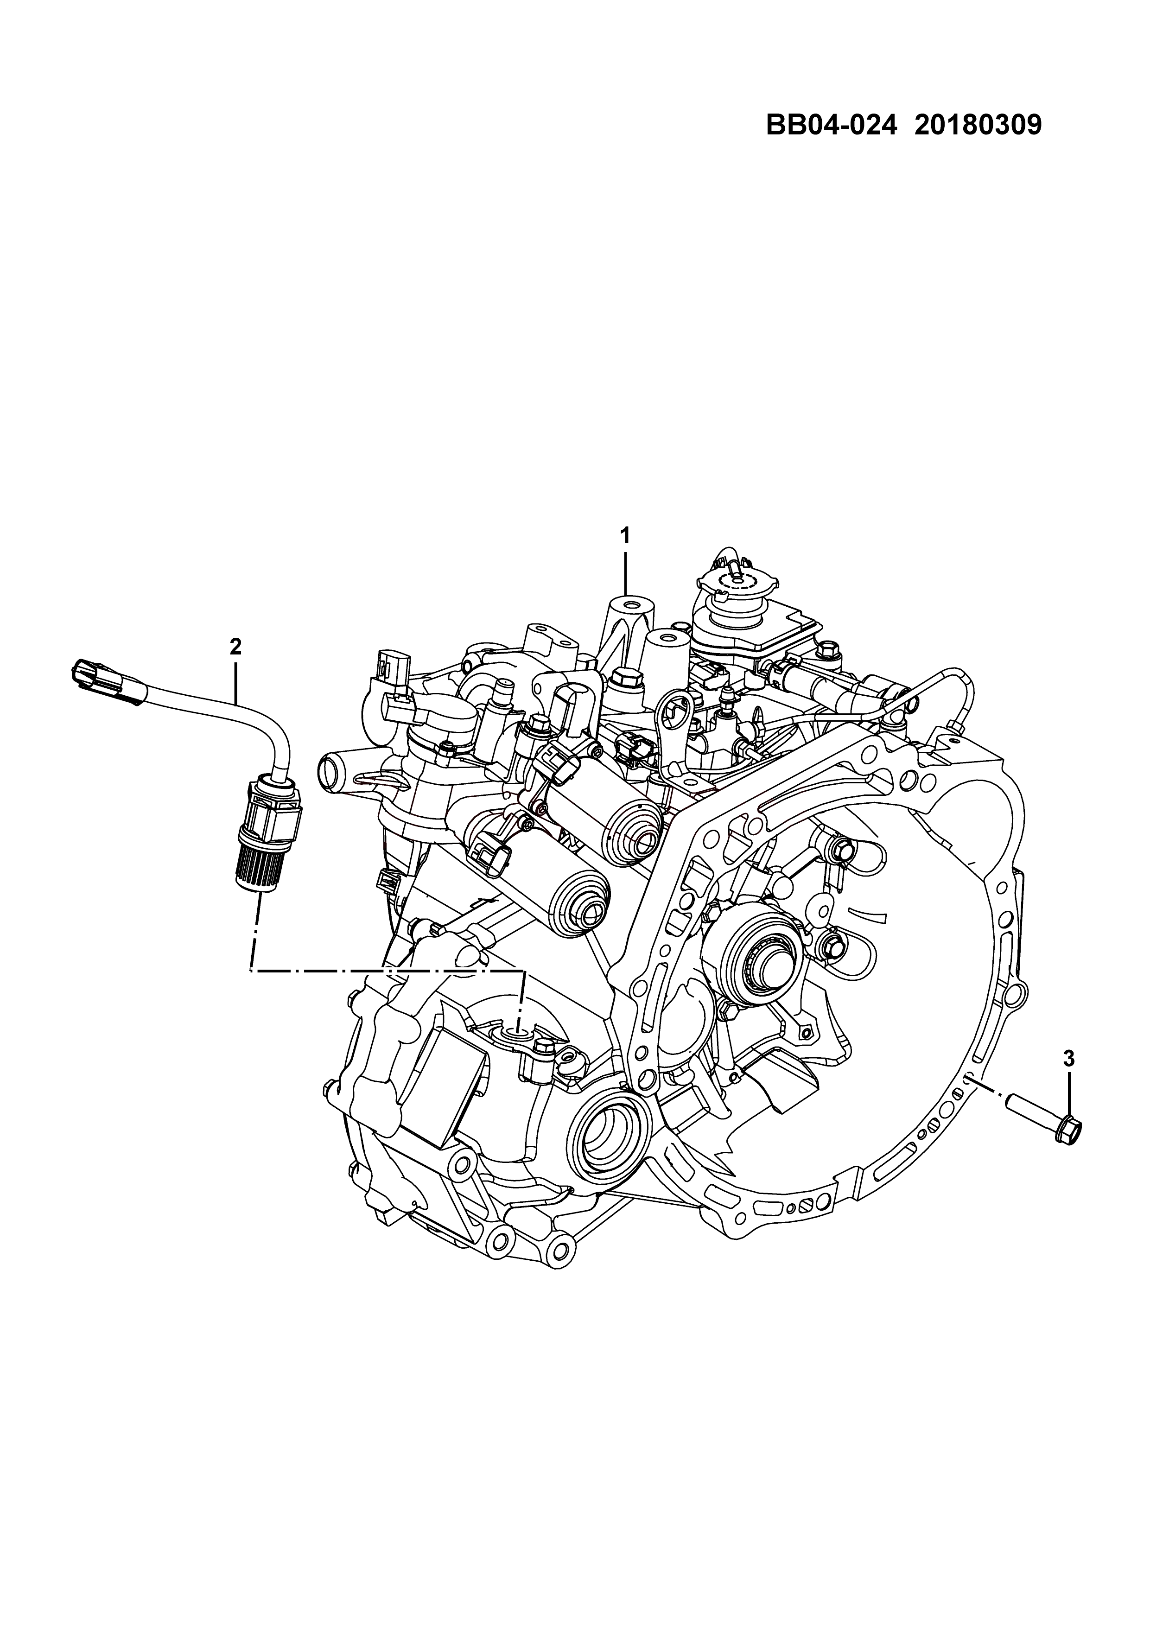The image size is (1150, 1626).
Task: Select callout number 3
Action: [x=1068, y=1079]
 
